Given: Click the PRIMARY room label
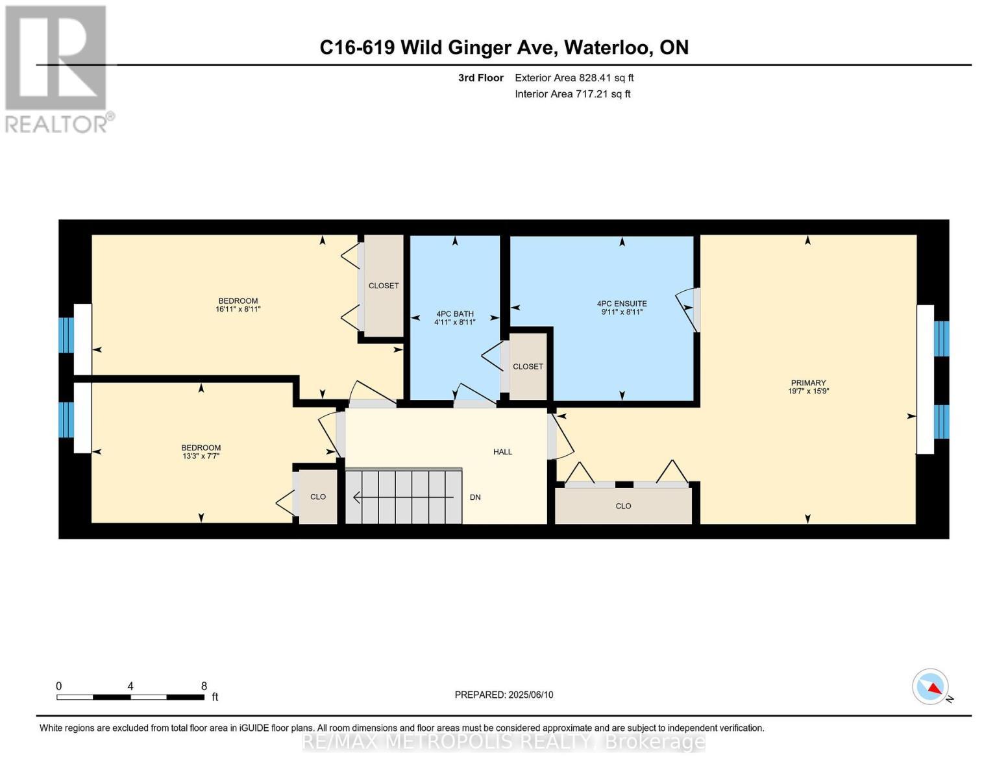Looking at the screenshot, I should point(807,383).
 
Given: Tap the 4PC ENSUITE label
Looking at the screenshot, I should point(621,303).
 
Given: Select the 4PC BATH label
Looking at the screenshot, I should point(454,314).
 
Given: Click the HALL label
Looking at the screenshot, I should point(502,452).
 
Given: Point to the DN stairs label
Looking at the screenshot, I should point(475,497).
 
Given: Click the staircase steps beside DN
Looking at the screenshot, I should point(402,497).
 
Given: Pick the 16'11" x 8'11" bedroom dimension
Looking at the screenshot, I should point(238,310).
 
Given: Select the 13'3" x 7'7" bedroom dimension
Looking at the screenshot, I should point(201,456).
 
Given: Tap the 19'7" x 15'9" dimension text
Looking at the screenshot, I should point(807,391).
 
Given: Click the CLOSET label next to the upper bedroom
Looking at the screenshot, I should point(384,286).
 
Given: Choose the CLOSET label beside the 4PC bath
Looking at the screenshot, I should point(528,367).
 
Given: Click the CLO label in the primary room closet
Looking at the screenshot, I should point(623,506).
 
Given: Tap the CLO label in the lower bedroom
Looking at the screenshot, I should point(317,497).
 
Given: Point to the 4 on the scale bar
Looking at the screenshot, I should point(130,686).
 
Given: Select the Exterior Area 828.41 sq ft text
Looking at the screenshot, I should point(574,78).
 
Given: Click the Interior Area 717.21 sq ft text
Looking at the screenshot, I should point(572,94).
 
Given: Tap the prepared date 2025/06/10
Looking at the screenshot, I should point(530,695).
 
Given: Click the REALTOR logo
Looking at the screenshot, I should point(57,68).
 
